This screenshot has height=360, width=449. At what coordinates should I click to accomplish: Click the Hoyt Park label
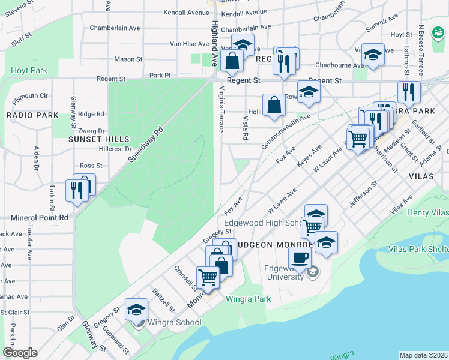pos(29,70)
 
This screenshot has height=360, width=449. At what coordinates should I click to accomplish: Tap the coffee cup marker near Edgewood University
pos(300,258)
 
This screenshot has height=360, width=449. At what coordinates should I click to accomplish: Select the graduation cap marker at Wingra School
pos(137,310)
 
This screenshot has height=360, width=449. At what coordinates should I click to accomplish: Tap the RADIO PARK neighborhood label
pos(32,115)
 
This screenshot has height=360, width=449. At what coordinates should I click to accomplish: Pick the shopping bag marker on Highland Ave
pos(232,60)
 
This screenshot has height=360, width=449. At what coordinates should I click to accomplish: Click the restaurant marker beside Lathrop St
pos(408,92)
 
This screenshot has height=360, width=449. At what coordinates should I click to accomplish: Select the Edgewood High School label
pos(263,223)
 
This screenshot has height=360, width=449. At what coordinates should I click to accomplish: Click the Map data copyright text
pos(423,355)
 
